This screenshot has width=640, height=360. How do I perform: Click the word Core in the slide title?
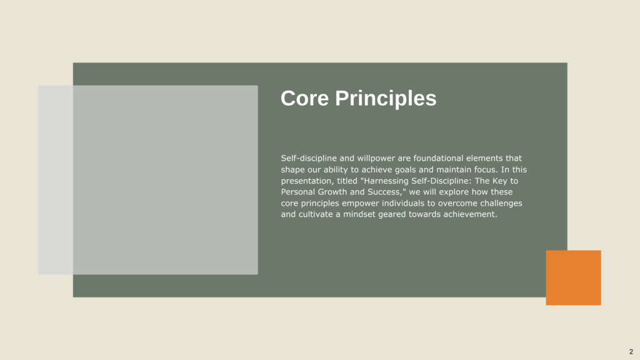click(304, 98)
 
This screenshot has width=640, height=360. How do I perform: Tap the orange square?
click(574, 277)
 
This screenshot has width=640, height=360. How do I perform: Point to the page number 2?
click(631, 351)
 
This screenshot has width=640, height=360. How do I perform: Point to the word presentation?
click(307, 181)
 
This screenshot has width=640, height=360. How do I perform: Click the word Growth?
click(332, 192)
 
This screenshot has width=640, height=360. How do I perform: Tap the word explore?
click(454, 192)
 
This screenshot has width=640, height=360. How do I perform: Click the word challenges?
click(501, 203)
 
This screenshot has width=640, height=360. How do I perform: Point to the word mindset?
click(359, 214)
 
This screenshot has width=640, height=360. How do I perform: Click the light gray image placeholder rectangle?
click(148, 180)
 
